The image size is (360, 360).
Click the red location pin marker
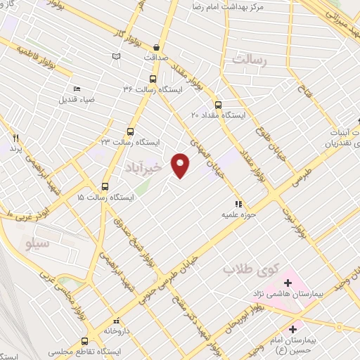181,165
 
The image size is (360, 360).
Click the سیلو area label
34,244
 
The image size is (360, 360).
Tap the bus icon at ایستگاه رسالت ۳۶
153,79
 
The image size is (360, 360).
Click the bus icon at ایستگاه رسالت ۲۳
130,131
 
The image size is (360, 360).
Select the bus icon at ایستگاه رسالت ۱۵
105,186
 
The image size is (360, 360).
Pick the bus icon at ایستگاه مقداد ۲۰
218,103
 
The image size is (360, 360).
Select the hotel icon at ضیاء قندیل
77,89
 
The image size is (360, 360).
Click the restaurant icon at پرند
15,138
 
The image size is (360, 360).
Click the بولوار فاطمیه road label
32,49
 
